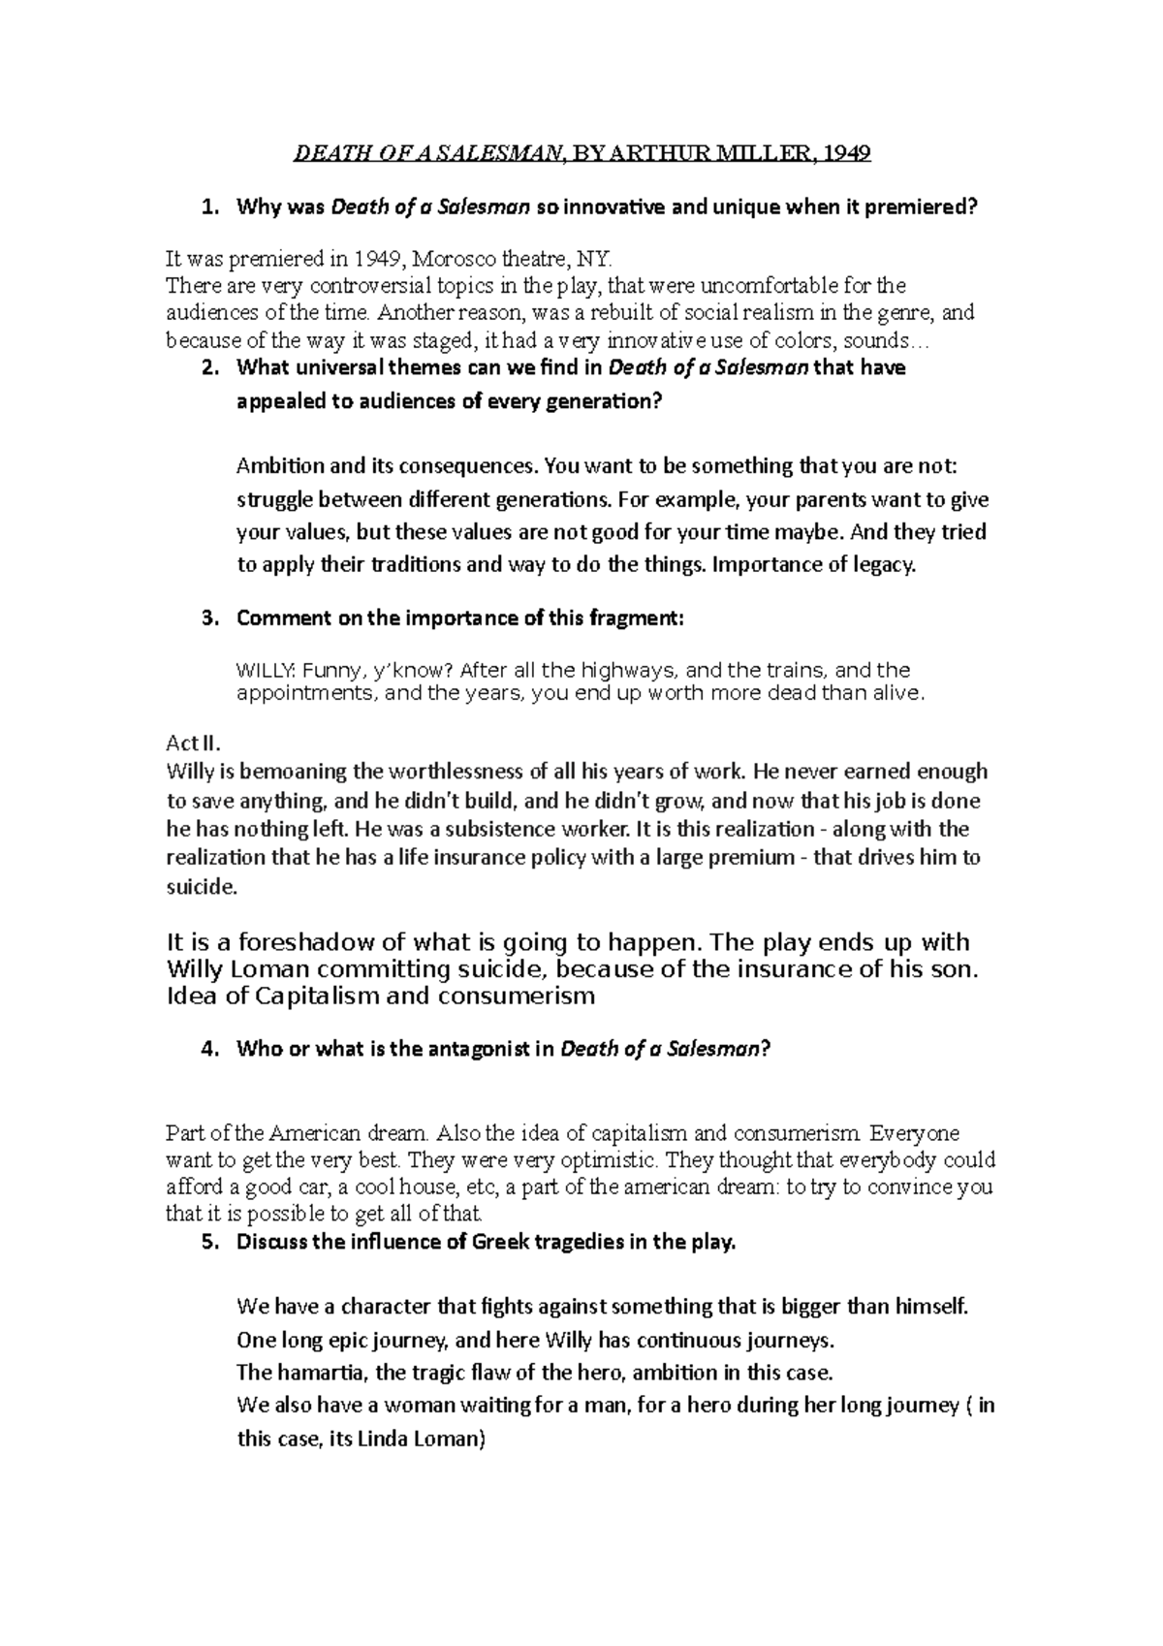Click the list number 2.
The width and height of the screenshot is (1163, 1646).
click(208, 368)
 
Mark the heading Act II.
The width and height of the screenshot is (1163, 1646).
click(194, 744)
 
